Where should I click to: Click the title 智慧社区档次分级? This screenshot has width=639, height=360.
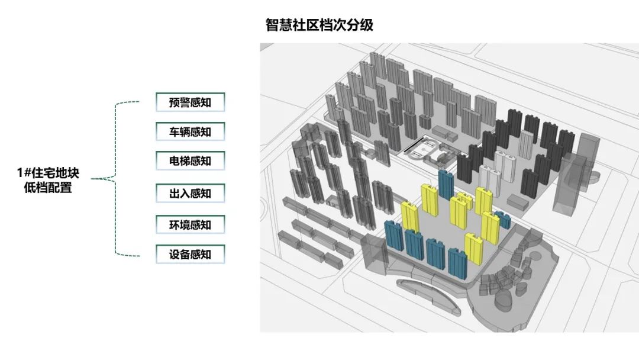point(319,25)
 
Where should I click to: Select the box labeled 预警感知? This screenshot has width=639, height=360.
point(191,102)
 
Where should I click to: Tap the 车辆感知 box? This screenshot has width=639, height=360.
point(191,131)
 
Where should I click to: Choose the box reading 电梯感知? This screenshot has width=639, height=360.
point(191,161)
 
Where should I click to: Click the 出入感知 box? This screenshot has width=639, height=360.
point(191,193)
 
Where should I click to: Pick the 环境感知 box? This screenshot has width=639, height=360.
point(191,224)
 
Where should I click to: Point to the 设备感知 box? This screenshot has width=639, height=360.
point(191,255)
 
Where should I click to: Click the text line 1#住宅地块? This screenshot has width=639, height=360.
point(48,173)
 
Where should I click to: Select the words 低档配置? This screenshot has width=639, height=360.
point(48,188)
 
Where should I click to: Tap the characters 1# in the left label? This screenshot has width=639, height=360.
point(24,173)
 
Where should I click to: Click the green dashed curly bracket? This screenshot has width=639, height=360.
point(115,179)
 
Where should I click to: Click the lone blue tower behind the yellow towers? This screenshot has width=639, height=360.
point(446,185)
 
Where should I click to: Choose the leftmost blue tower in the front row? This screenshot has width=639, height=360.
point(395,236)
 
